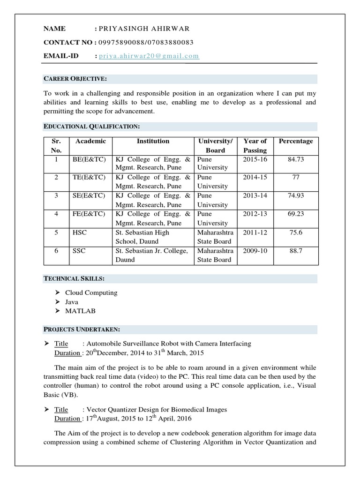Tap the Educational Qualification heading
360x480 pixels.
point(92,127)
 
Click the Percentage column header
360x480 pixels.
point(296,141)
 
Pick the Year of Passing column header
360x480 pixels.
point(255,145)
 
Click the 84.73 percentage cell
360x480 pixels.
point(296,159)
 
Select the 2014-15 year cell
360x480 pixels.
point(255,178)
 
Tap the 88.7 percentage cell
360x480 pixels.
point(296,251)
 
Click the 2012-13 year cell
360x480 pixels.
point(255,214)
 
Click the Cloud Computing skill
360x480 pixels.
point(91,292)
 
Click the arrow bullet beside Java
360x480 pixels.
point(57,302)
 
